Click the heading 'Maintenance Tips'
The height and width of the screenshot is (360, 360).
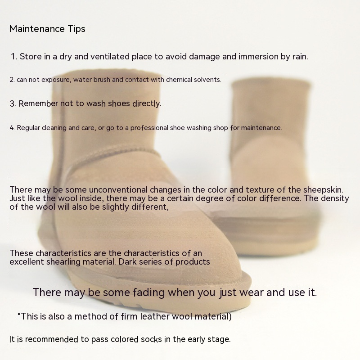(x=47, y=29)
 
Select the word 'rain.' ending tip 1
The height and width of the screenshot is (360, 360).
(x=300, y=57)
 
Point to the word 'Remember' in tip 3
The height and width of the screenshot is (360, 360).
(x=38, y=103)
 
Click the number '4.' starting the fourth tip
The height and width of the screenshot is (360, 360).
(x=12, y=128)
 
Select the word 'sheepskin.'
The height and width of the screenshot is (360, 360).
(x=323, y=190)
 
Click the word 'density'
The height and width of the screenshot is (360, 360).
(x=335, y=198)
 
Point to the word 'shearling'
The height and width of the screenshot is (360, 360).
(x=63, y=262)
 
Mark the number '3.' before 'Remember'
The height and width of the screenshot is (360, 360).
(x=13, y=104)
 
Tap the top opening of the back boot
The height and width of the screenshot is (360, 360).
(x=271, y=83)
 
